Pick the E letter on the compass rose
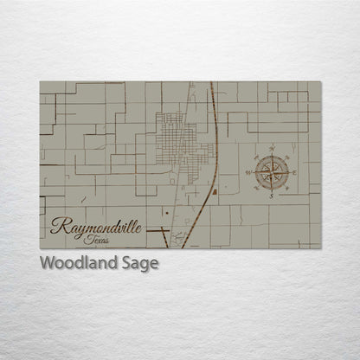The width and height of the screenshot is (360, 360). (x=295, y=173)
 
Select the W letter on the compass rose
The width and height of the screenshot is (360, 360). (x=248, y=173)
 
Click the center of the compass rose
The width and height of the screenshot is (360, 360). (x=272, y=173)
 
